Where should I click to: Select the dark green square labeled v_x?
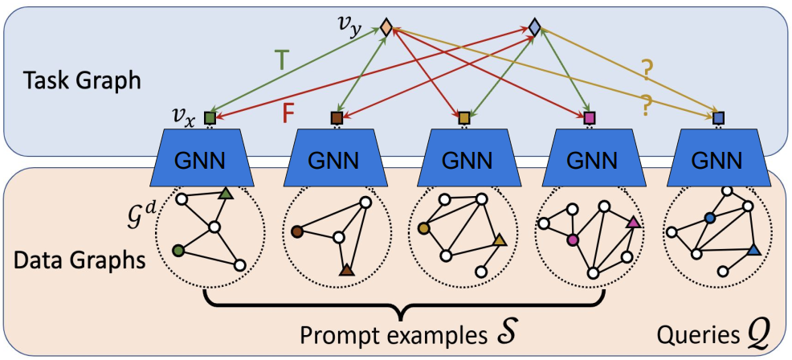pyautogui.click(x=210, y=117)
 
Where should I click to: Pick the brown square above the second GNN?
pyautogui.click(x=337, y=118)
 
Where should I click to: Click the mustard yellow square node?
pyautogui.click(x=463, y=118)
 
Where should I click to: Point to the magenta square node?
pyautogui.click(x=590, y=118)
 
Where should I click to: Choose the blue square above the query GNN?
pyautogui.click(x=719, y=118)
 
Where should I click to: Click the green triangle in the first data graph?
pyautogui.click(x=226, y=193)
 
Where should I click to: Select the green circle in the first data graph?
pyautogui.click(x=178, y=252)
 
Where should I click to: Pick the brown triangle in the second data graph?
pyautogui.click(x=347, y=271)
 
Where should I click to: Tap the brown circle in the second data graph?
pyautogui.click(x=297, y=231)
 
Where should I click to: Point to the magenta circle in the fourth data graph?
pyautogui.click(x=573, y=239)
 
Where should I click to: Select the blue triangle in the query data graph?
pyautogui.click(x=753, y=252)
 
